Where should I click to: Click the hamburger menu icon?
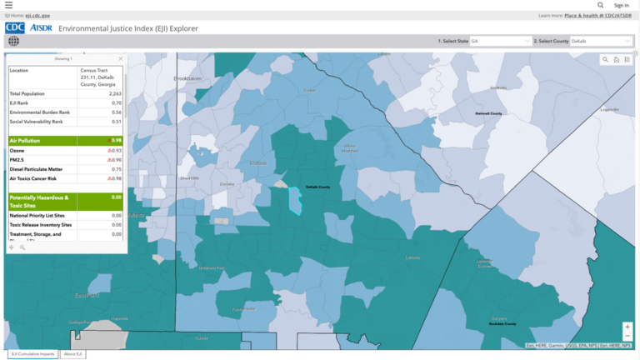tap(8, 5)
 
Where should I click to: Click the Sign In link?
tap(621, 5)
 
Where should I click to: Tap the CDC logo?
tap(15, 27)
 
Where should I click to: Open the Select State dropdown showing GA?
tap(499, 41)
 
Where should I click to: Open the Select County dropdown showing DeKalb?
tap(599, 41)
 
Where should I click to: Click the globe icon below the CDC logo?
tap(13, 41)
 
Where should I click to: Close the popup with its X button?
tap(120, 59)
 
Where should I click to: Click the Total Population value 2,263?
tap(115, 94)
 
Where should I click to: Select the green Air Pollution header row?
tap(66, 141)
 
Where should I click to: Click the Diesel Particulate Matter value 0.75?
tap(116, 169)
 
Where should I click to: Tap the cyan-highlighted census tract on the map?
tap(294, 201)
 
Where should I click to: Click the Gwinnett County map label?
tap(488, 113)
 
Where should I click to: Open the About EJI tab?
tap(73, 354)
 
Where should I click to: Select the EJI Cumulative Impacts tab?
tap(32, 354)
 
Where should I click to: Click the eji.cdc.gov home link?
tap(38, 15)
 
